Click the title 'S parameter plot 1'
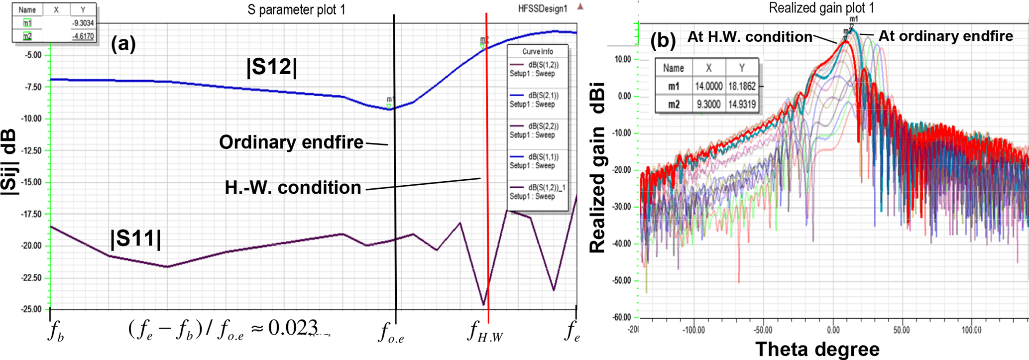point(296,9)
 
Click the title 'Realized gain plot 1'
point(821,8)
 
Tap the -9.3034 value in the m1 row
point(83,23)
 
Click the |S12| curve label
point(271,68)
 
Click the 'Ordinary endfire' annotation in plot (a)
point(291,142)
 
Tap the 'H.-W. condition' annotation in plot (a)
point(293,188)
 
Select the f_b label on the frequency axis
point(56,333)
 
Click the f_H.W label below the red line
point(485,332)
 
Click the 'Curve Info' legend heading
point(537,52)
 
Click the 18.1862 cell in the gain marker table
point(741,86)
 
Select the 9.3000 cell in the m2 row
point(708,105)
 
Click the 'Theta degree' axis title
point(817,349)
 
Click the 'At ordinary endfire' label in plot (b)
point(945,36)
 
